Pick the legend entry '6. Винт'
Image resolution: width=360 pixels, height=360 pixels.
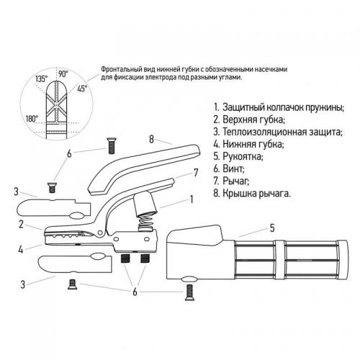(231, 168)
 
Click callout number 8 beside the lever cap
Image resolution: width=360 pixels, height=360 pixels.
(152, 139)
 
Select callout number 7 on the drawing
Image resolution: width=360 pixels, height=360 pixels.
(195, 172)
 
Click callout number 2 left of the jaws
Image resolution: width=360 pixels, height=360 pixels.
(22, 224)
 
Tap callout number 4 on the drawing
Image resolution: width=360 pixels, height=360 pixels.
(22, 250)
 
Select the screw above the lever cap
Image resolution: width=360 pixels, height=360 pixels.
(112, 145)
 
